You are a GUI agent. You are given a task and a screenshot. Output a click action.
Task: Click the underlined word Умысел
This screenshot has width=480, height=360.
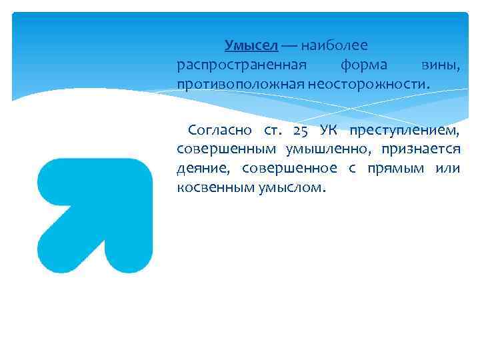pyautogui.click(x=251, y=45)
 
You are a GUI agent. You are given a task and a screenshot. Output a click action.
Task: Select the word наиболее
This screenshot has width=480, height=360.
pyautogui.click(x=333, y=45)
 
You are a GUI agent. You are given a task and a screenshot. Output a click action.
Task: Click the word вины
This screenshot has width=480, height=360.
pyautogui.click(x=441, y=65)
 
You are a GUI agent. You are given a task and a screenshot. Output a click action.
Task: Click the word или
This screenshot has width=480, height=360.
pyautogui.click(x=446, y=168)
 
